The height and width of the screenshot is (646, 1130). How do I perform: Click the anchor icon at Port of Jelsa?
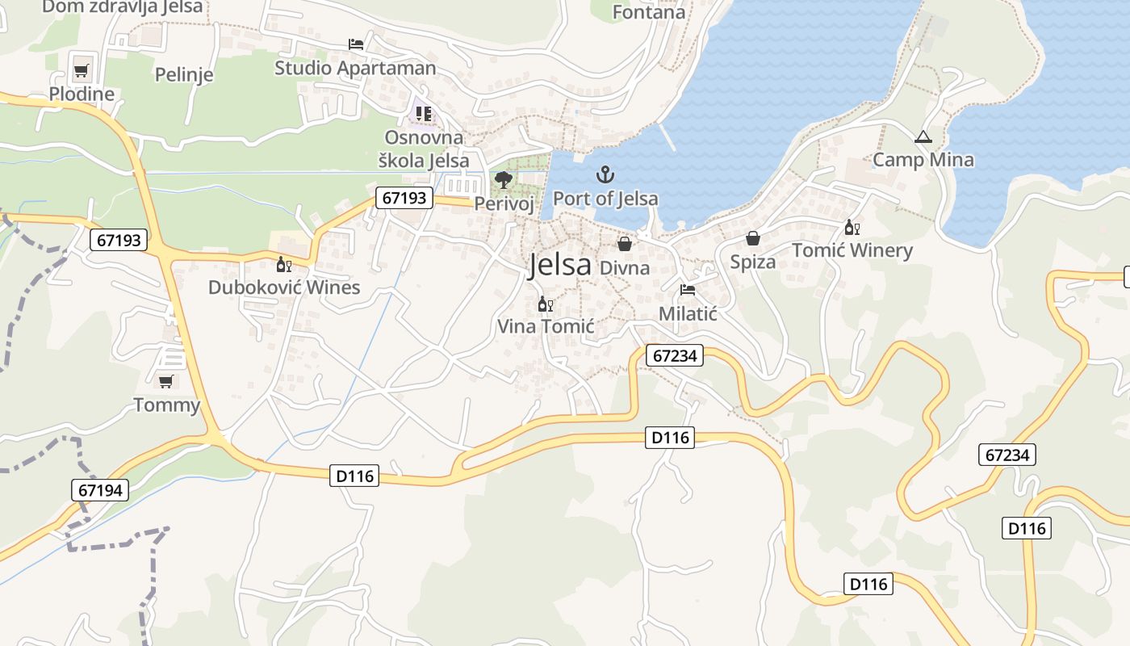605,174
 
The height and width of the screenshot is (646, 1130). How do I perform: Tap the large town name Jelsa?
560,265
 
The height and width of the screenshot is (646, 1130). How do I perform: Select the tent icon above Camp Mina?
923,137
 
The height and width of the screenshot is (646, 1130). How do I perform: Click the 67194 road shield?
100,489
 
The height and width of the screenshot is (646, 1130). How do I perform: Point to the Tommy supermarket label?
166,405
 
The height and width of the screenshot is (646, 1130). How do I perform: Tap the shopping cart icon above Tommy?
166,381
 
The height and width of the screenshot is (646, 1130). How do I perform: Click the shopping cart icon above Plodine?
81,71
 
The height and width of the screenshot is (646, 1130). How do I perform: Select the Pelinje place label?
184,75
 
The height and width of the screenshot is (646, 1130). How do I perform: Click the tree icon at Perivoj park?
504,179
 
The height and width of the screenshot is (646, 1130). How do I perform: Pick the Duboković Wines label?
284,287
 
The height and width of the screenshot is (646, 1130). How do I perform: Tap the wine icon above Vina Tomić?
546,304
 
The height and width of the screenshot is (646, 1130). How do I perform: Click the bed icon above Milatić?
688,290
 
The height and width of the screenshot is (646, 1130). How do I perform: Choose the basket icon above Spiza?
753,238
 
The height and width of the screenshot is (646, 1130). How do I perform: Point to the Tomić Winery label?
852,250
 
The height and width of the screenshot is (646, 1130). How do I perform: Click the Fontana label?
649,12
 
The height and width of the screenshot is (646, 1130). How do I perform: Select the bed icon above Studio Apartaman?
355,44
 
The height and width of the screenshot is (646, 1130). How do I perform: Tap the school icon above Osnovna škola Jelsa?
424,114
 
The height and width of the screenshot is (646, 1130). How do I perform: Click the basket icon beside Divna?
625,243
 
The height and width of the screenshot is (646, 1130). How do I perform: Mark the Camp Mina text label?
923,160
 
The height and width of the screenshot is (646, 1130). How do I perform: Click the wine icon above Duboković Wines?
284,264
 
